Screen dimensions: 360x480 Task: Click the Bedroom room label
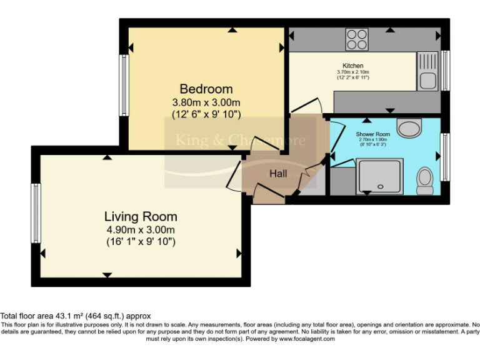(x=206, y=89)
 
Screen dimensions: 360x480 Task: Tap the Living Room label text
(x=141, y=217)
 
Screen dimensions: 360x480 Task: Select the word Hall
(x=278, y=173)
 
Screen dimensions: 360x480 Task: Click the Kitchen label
(x=352, y=66)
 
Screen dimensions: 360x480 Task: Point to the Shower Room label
(x=373, y=134)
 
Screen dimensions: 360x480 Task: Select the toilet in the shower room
(x=426, y=179)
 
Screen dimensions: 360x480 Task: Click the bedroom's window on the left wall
(x=124, y=85)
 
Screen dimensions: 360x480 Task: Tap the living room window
(x=36, y=213)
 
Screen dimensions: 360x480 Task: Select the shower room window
(x=445, y=148)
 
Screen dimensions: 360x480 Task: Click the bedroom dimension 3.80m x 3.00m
(x=206, y=102)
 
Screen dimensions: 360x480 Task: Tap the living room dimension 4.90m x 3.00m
(x=141, y=229)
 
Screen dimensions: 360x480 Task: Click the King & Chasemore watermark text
(x=240, y=140)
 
